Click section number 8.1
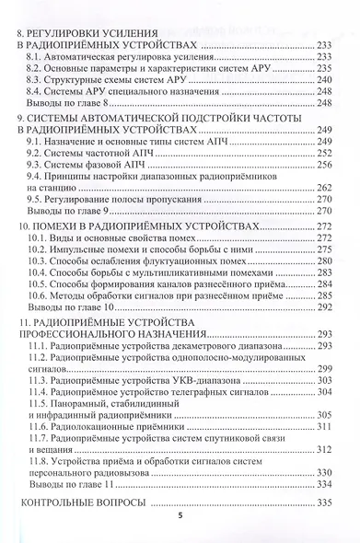click(36, 57)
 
